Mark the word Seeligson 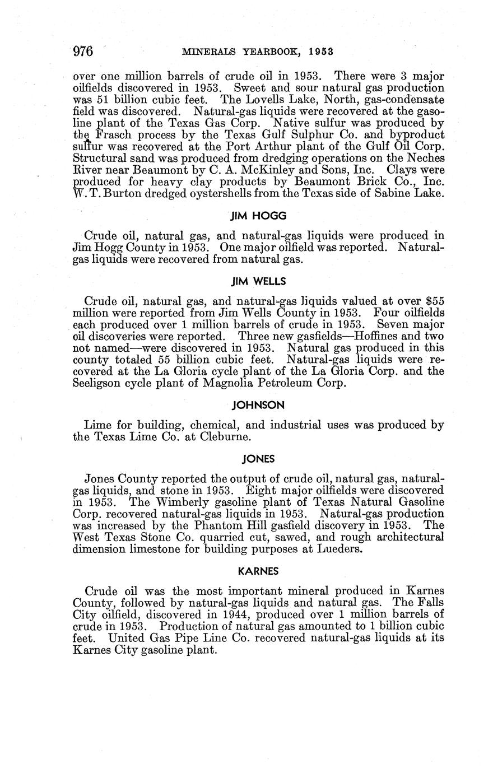(99, 383)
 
